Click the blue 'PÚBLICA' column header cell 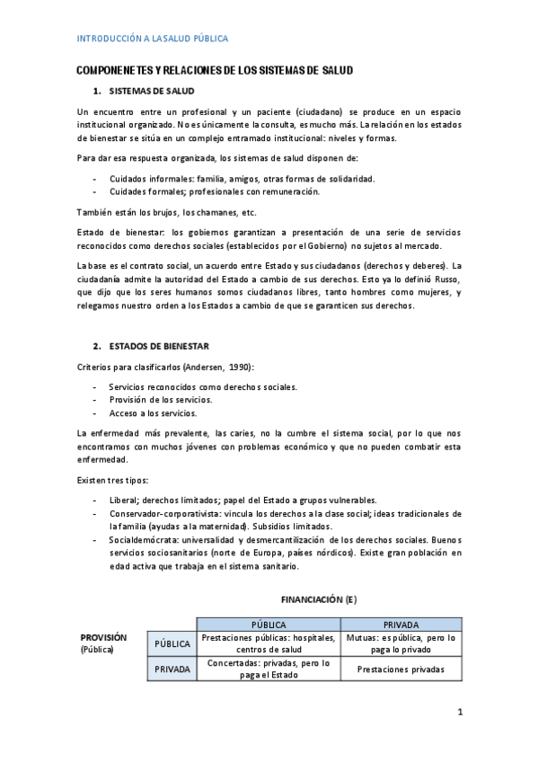269,625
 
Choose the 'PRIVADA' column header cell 401,625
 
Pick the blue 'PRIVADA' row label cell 172,669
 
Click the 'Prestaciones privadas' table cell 401,669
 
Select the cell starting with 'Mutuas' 401,643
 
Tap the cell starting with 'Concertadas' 269,669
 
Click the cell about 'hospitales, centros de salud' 269,643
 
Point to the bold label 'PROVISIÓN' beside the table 103,637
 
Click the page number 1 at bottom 459,713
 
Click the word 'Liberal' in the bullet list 125,501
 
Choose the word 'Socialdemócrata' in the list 142,539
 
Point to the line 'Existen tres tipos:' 112,480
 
